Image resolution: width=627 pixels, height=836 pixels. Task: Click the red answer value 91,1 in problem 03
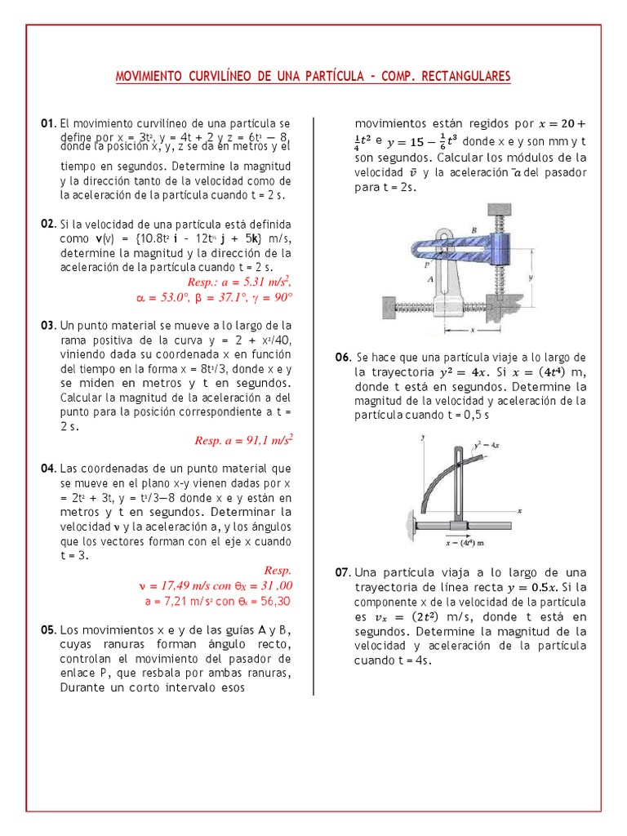click(x=251, y=440)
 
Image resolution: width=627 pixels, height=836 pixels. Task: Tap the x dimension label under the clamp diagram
click(x=472, y=331)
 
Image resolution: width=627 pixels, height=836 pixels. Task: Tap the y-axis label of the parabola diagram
click(x=423, y=438)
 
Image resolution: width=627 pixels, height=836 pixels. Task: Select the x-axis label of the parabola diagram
click(x=519, y=509)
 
